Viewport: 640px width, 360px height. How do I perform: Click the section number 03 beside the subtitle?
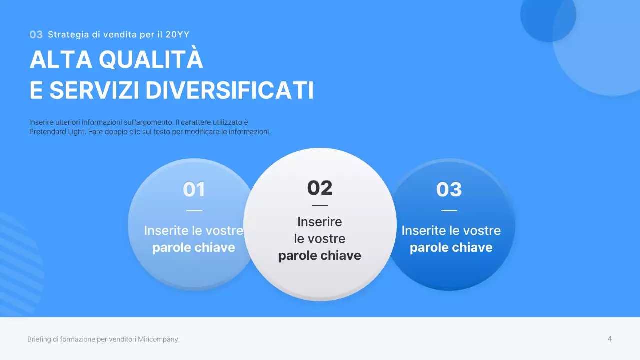[x=36, y=35]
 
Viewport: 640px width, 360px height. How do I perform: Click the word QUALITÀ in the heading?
[x=151, y=60]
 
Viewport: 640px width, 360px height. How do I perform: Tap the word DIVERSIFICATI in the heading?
[x=229, y=90]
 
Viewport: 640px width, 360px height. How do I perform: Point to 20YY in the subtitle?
[x=177, y=35]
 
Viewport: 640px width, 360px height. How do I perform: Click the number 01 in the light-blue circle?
[x=194, y=190]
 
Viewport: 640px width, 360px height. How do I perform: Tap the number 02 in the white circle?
[x=320, y=188]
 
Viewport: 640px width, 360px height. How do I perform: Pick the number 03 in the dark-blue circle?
[x=449, y=190]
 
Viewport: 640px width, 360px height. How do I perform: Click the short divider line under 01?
[x=194, y=211]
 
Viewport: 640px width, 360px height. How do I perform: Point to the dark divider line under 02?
[x=320, y=206]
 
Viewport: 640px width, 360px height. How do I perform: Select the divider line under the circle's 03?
[x=449, y=211]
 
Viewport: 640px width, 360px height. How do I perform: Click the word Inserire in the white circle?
[x=320, y=221]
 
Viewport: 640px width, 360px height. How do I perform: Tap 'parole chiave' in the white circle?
[x=320, y=256]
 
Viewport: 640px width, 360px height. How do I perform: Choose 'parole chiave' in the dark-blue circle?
[x=451, y=248]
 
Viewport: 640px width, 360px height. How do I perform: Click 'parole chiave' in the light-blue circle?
[x=194, y=248]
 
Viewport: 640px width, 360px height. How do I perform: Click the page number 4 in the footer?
[x=610, y=339]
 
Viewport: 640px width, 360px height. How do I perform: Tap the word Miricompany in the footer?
[x=158, y=339]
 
